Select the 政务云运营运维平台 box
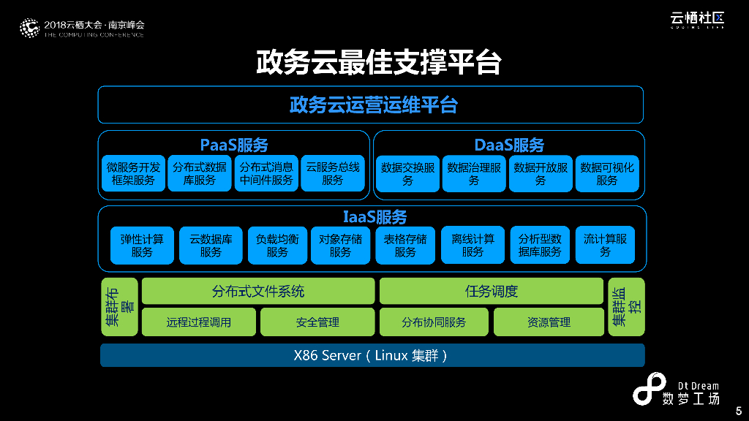(371, 105)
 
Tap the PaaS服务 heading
(233, 145)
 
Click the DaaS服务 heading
(509, 145)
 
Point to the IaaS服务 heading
(374, 217)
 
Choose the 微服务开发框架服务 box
(132, 173)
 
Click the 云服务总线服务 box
(332, 173)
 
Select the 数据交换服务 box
(407, 173)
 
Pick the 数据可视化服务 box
(606, 173)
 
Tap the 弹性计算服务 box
(142, 245)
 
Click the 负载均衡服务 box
(277, 245)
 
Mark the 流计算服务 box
(605, 245)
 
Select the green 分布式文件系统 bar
(257, 292)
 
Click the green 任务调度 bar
(491, 292)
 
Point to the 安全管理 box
(317, 322)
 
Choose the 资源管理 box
(549, 322)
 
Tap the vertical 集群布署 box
(119, 307)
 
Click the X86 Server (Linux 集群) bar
(372, 355)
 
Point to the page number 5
(738, 411)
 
